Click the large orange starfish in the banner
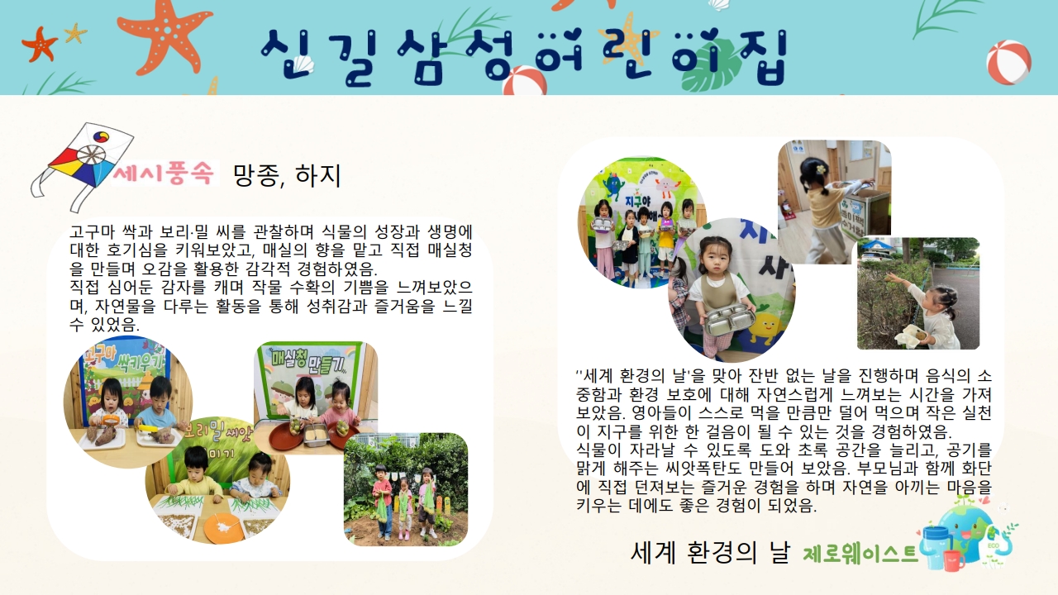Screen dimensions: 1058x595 163,36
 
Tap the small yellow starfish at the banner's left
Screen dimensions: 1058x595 75,33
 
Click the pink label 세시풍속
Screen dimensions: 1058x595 164,174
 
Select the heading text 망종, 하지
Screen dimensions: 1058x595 287,175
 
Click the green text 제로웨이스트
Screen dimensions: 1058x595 860,554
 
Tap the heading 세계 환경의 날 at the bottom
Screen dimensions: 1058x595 710,552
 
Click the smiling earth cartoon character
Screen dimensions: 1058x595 966,531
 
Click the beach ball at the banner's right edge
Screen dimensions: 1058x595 1008,62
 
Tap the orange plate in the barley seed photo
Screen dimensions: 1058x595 224,526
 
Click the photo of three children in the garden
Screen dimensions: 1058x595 406,489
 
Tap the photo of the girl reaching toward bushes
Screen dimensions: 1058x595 918,293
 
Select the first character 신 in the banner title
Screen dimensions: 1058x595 286,55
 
